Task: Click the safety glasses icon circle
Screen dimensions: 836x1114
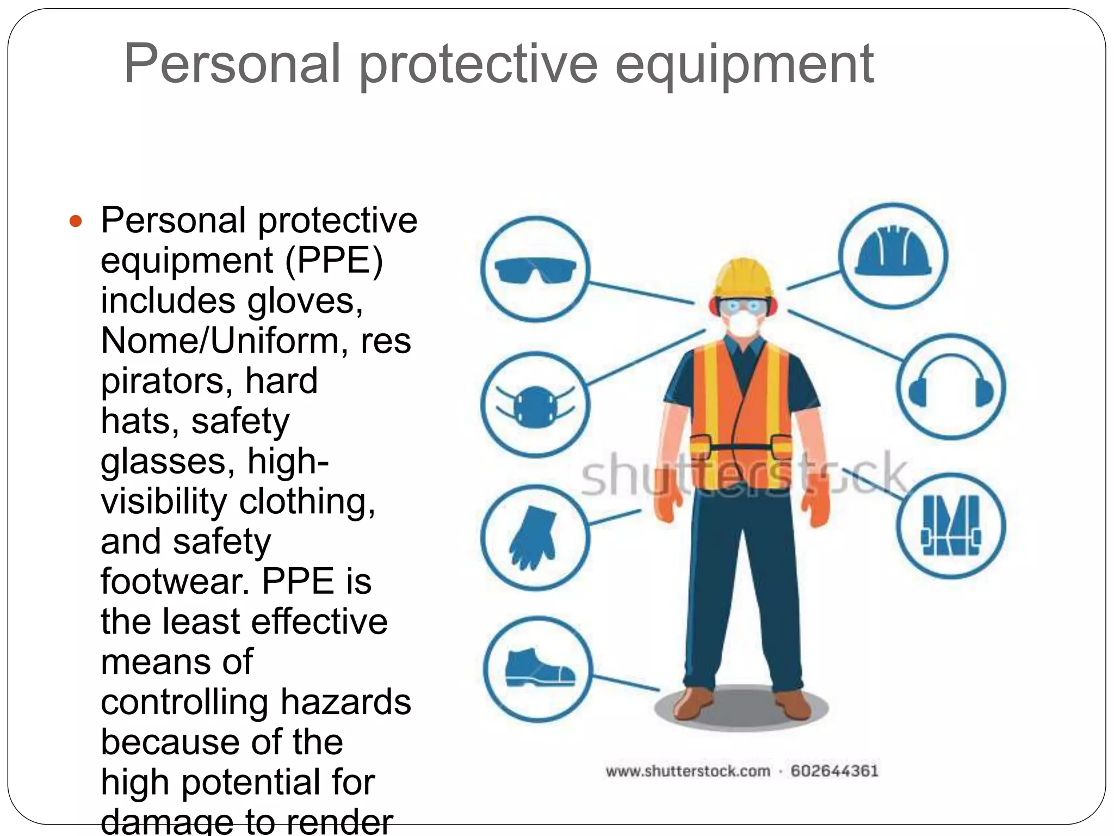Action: point(535,269)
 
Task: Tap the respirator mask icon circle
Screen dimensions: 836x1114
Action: point(535,405)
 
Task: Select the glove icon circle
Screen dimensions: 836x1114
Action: point(535,537)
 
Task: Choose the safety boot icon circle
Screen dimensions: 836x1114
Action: point(537,669)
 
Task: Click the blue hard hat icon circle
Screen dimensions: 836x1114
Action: point(893,256)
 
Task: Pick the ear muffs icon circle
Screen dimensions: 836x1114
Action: point(950,386)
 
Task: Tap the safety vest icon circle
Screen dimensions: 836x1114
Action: point(950,526)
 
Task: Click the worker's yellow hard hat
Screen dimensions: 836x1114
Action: point(744,278)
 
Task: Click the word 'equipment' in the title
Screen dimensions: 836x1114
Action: point(744,65)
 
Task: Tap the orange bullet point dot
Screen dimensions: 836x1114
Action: point(76,222)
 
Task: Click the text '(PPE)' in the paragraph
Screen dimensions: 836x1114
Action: point(334,260)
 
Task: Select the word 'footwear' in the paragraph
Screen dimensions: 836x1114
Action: point(172,581)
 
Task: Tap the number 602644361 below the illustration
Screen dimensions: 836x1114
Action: point(834,771)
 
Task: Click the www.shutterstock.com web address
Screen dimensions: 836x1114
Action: point(688,771)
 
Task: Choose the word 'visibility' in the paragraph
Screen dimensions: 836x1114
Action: point(164,501)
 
